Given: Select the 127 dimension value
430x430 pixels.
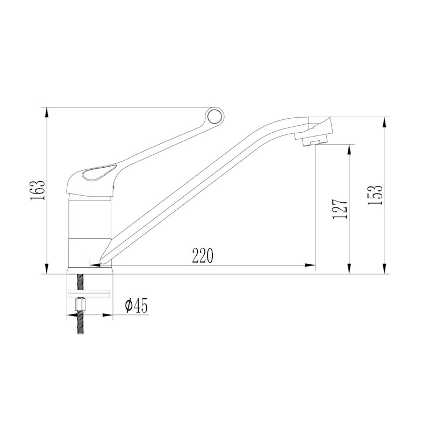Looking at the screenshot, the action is [x=340, y=208].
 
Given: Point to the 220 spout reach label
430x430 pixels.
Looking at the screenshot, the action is [x=203, y=255].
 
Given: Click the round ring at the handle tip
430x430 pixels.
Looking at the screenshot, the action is [x=216, y=117].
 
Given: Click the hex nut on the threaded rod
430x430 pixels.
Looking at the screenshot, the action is [x=81, y=304].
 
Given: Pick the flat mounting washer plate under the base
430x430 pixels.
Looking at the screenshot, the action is [x=89, y=293].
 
